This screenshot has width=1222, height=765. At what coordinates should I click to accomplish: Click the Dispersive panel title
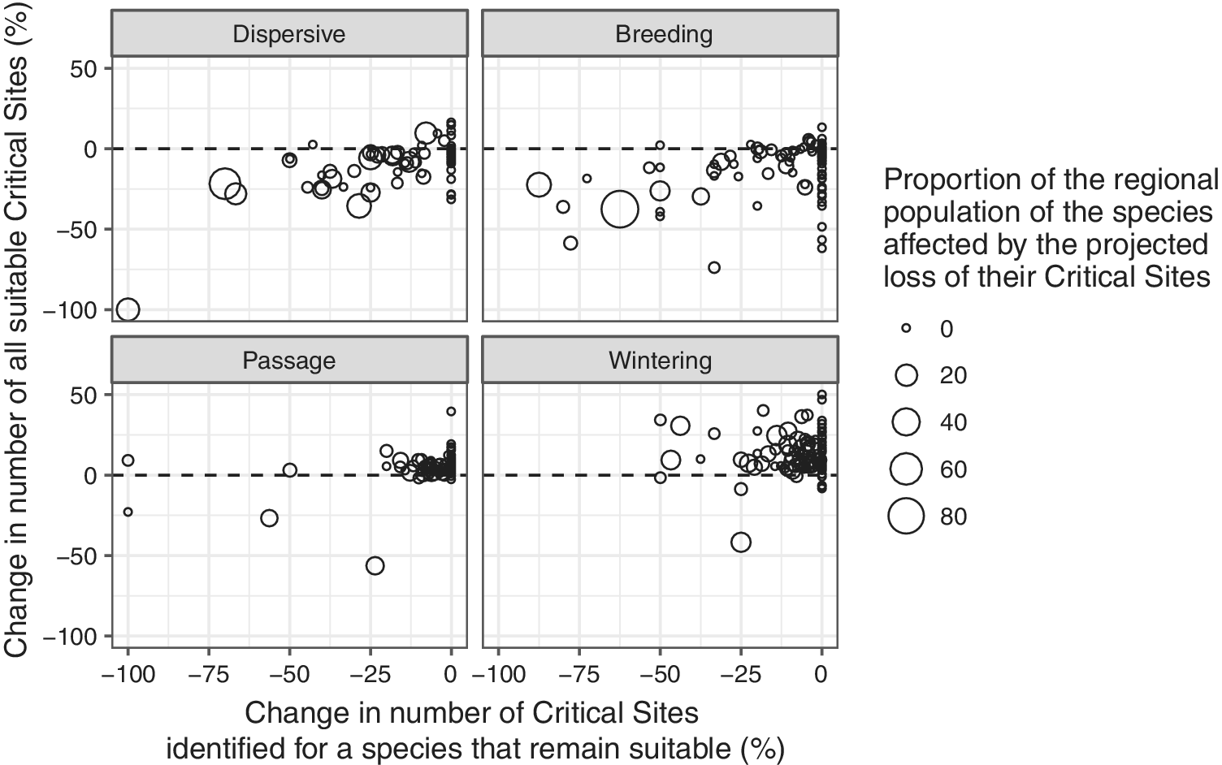point(288,34)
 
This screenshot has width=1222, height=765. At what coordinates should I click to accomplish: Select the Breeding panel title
point(664,34)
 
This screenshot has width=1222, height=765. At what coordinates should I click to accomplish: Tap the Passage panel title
point(288,361)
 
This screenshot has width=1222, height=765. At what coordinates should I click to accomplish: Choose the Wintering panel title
point(660,361)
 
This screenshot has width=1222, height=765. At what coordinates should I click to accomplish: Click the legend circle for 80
point(906,516)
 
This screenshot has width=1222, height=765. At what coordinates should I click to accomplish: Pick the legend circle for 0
point(906,329)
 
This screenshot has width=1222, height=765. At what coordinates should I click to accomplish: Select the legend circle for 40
point(906,422)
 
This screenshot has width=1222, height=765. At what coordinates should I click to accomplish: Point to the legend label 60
point(953,470)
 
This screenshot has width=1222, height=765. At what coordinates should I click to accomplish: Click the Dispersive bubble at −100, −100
point(128,309)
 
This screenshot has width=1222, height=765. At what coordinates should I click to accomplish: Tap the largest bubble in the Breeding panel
point(620,209)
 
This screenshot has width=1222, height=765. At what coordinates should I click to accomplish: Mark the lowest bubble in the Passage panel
point(375,566)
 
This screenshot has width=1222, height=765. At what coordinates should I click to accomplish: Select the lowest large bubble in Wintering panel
point(741,542)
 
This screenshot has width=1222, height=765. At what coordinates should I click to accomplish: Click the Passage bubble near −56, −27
point(269,518)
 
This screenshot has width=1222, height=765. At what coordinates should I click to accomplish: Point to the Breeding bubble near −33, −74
point(714,268)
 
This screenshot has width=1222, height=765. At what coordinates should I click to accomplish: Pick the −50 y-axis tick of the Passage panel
point(77,556)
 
